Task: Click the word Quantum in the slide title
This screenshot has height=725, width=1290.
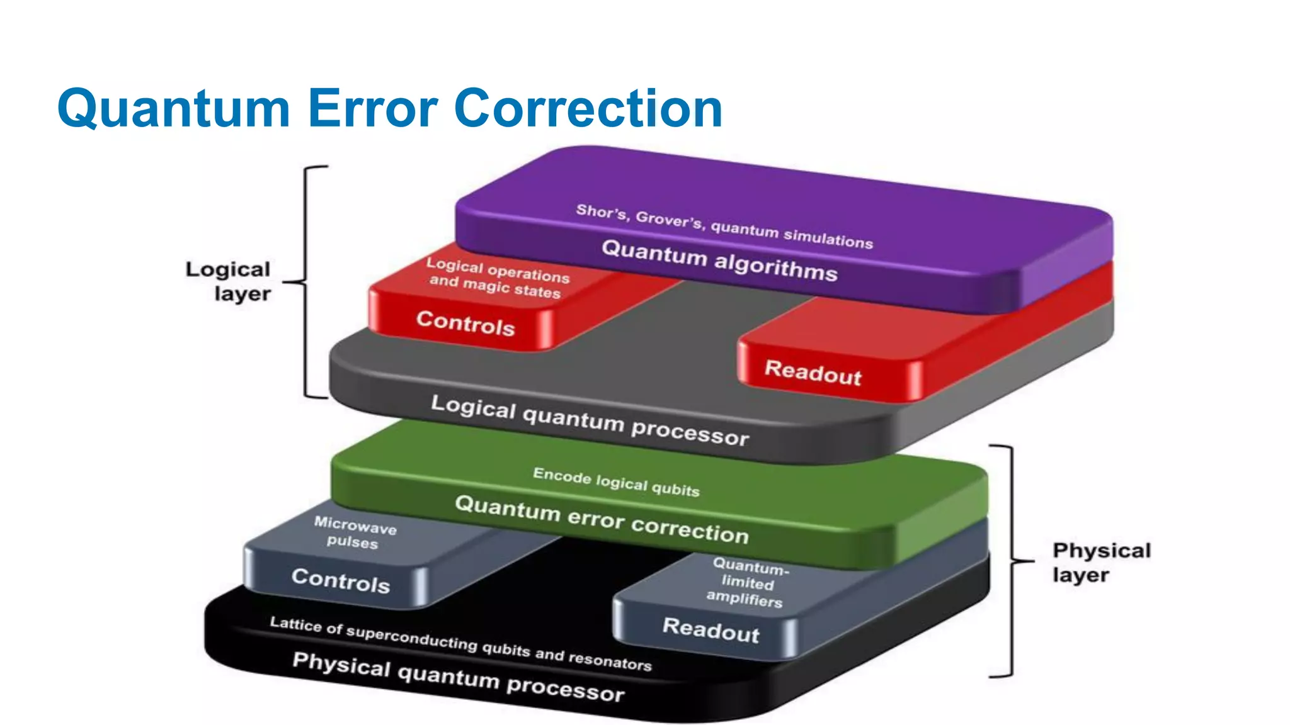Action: point(173,108)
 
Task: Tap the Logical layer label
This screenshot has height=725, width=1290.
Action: point(229,281)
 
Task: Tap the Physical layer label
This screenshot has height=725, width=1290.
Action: point(1101,562)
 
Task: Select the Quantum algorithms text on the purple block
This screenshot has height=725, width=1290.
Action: point(719,260)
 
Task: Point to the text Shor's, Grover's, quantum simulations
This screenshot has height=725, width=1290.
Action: point(724,226)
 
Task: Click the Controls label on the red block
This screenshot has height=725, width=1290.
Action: point(465,323)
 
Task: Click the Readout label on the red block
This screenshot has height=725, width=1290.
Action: point(813,372)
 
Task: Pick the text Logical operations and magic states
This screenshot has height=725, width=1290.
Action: point(497,278)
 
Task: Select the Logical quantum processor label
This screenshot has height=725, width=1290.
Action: point(590,420)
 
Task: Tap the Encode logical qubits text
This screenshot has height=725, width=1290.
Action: point(616,482)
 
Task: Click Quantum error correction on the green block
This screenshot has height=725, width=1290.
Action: point(602,519)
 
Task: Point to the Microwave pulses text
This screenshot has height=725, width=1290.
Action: point(355,532)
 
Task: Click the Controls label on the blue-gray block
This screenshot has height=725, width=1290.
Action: point(341,580)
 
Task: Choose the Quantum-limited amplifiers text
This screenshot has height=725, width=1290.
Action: point(748,583)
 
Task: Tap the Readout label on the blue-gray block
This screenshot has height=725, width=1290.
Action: point(711,630)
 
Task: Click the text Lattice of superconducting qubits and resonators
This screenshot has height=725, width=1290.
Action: point(460,643)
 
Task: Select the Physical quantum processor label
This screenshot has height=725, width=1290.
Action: point(459,677)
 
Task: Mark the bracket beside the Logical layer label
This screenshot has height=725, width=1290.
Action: point(307,282)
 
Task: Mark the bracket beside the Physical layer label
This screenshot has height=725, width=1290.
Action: point(1012,560)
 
